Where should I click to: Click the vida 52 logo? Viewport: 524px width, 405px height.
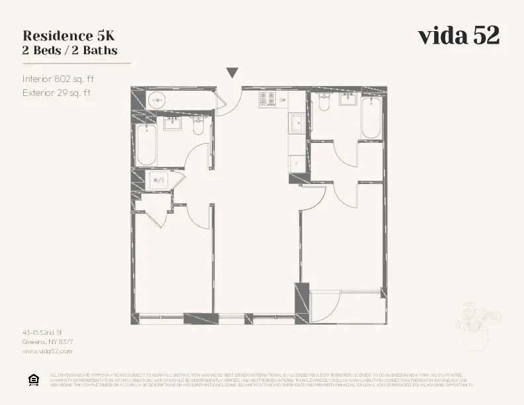458,36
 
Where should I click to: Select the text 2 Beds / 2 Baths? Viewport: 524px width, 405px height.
69,50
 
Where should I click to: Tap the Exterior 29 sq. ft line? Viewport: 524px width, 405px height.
56,93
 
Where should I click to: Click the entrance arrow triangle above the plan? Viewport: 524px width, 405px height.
232,73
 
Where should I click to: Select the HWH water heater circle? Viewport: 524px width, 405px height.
157,101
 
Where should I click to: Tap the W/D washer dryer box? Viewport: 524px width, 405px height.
159,179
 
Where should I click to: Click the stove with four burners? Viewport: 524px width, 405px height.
267,99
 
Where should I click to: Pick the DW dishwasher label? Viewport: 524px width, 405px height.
283,100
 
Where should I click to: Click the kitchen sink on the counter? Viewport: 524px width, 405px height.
297,122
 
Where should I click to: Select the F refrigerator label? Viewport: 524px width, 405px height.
297,163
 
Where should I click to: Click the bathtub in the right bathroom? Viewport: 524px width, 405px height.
371,118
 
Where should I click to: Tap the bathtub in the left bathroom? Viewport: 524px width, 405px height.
146,145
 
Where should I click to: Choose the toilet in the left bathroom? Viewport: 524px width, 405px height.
198,126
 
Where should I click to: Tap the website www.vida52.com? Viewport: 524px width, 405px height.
47,351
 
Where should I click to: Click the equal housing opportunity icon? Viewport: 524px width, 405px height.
33,379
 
